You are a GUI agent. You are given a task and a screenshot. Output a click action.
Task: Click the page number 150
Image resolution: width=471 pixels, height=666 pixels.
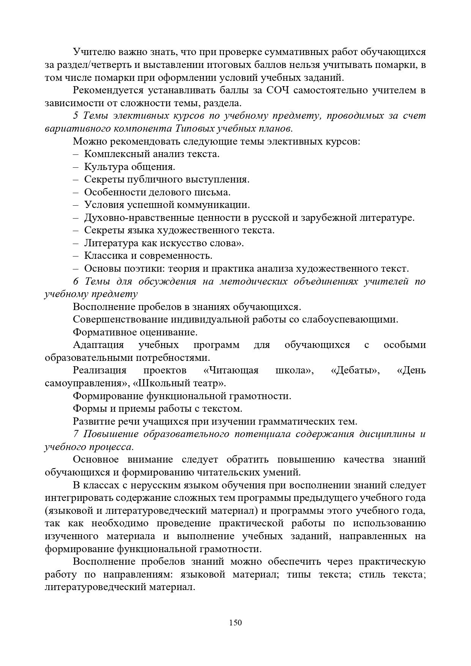pyautogui.click(x=235, y=622)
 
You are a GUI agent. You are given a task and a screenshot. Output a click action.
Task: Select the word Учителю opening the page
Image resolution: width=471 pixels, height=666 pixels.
pyautogui.click(x=94, y=52)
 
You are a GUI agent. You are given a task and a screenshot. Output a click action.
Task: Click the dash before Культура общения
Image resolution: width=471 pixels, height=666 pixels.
pyautogui.click(x=76, y=167)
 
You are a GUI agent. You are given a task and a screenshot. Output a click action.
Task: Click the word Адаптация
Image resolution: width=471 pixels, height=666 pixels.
pyautogui.click(x=98, y=345)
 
